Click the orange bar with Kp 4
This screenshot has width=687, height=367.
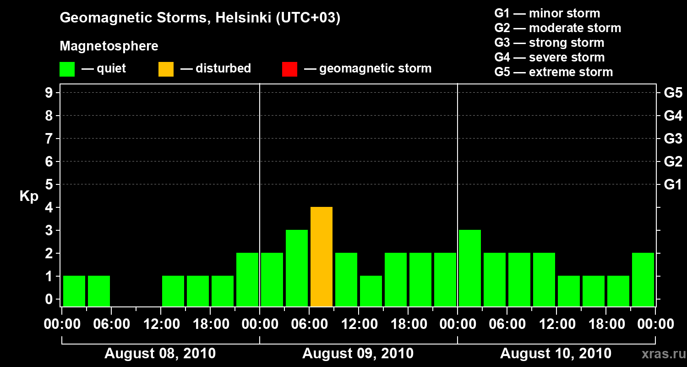(x=321, y=257)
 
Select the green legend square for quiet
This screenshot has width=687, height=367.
(x=67, y=69)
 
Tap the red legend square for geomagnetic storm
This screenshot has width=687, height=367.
(x=289, y=69)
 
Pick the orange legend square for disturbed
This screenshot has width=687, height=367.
(x=166, y=69)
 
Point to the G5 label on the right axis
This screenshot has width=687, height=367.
(x=673, y=93)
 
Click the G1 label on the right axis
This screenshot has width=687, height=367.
(x=673, y=185)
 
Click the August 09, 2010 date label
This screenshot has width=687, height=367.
(x=358, y=354)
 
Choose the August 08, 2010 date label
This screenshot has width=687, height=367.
(x=160, y=354)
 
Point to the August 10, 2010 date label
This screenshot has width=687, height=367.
(x=556, y=354)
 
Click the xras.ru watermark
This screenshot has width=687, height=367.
(x=660, y=354)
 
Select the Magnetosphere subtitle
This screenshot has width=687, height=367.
(x=109, y=46)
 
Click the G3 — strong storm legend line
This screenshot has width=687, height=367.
(x=549, y=43)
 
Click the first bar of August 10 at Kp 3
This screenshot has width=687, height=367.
(x=469, y=268)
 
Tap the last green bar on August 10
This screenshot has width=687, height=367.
(x=643, y=280)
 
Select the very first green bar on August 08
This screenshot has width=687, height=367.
(x=74, y=291)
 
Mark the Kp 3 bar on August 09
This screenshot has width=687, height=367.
(x=296, y=268)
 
